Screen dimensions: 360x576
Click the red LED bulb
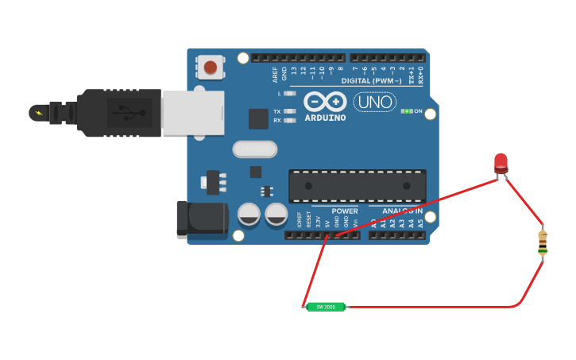coord(501,162)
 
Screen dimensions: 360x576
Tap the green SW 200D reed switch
coord(326,307)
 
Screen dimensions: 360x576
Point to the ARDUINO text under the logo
coord(326,118)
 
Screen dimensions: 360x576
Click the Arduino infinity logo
coord(326,102)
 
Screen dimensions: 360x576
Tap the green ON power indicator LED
coord(408,111)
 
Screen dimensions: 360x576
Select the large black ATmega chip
coord(357,186)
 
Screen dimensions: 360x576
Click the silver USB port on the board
coord(193,113)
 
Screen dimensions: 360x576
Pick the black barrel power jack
coord(202,219)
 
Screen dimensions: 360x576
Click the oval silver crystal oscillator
coord(255,149)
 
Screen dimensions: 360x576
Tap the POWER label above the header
coord(345,211)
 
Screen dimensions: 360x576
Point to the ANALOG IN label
coord(402,211)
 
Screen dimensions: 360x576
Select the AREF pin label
coord(276,74)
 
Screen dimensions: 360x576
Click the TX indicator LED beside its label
coord(290,111)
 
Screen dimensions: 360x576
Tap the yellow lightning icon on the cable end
coord(37,113)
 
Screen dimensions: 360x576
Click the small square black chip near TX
coord(258,118)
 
